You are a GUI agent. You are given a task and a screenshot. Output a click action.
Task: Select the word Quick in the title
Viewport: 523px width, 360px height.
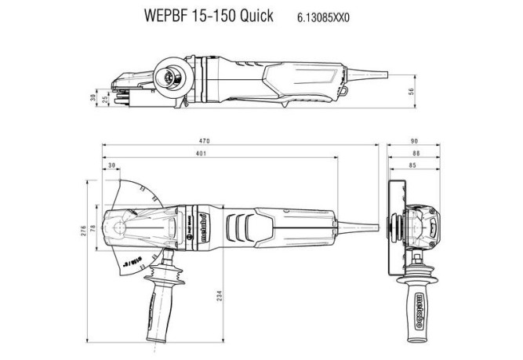(255, 16)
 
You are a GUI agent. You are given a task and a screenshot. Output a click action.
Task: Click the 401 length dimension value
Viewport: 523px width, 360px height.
(202, 154)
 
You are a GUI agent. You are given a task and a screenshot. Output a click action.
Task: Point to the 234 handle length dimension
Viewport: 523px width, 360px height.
(220, 298)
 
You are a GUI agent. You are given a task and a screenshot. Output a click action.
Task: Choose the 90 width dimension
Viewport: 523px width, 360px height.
(414, 141)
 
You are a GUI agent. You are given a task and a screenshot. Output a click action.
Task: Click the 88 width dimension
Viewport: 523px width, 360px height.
(414, 154)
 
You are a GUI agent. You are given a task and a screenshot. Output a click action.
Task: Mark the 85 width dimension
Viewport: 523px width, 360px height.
(413, 166)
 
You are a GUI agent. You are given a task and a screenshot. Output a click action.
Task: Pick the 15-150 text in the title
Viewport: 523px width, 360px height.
(213, 16)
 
